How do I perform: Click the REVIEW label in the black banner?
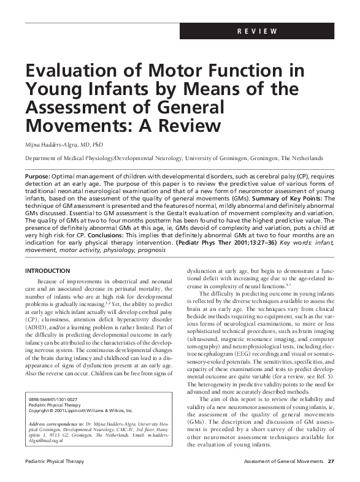click(258, 32)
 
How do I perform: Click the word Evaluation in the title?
click(71, 71)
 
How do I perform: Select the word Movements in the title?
click(67, 126)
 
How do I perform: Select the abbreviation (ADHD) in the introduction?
click(36, 328)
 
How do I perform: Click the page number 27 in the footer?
click(331, 461)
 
